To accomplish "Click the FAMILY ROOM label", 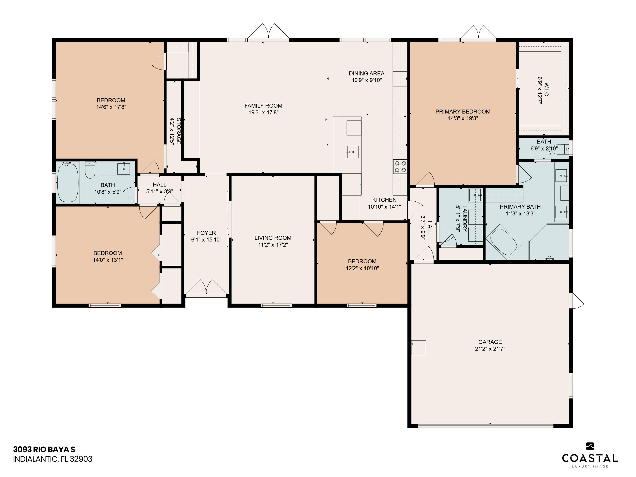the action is point(263,106).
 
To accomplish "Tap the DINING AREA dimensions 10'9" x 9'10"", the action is point(367,80).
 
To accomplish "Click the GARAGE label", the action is point(490,342).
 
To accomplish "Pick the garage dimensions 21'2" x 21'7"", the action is point(490,349).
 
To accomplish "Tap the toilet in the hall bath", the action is point(90,170).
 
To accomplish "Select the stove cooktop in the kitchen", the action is point(400,167).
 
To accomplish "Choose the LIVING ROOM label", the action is point(273,238).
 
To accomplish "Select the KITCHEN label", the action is point(384,200).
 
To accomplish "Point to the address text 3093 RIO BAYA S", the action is point(44,449).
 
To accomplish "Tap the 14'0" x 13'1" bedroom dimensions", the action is point(108,260).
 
